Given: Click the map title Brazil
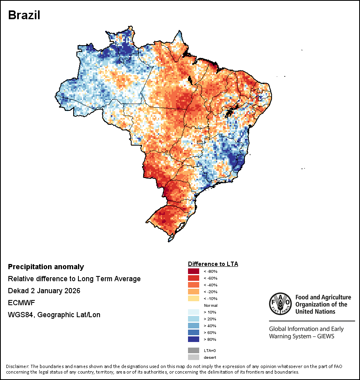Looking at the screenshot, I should [x=24, y=15].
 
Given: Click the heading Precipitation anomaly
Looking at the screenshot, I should [x=46, y=267].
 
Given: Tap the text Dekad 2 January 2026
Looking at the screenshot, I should [x=44, y=291].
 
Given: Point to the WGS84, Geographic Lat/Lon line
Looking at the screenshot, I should [x=54, y=315].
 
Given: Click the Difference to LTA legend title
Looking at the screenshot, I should [x=213, y=264].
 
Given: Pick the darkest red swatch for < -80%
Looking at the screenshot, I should [x=194, y=271].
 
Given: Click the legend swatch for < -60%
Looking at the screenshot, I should [x=194, y=278].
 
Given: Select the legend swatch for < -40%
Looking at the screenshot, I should [x=194, y=285].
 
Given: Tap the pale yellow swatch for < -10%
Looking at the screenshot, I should [x=194, y=298].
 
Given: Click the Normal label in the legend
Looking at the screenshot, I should [x=210, y=305].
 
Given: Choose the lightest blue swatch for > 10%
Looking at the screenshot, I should [x=194, y=312].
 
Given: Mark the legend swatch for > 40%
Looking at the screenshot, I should [x=194, y=326].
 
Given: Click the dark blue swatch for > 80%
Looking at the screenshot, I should [x=194, y=339].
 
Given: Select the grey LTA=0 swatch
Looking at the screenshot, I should [x=194, y=350].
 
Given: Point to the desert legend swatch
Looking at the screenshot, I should [x=194, y=357].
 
